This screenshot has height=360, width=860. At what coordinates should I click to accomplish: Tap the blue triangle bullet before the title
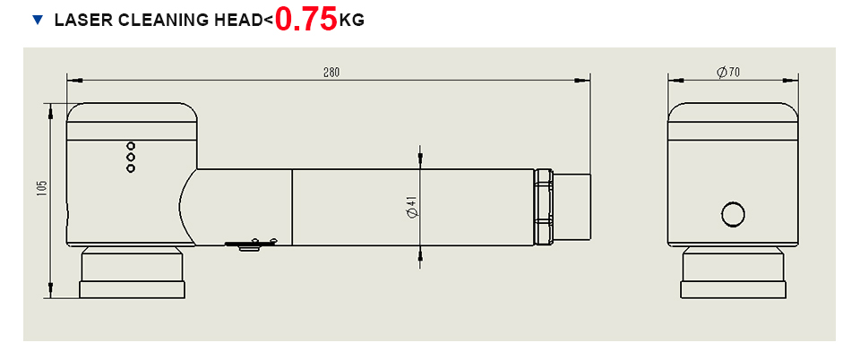tap(38, 21)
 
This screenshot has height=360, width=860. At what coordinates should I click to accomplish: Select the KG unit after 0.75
tap(351, 21)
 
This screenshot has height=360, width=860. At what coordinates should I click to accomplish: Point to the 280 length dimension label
tap(331, 73)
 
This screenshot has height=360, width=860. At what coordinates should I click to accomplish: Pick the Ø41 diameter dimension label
tap(413, 207)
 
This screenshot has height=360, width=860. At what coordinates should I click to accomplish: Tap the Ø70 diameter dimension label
tap(728, 73)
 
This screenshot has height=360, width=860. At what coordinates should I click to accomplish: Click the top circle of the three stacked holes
tap(131, 146)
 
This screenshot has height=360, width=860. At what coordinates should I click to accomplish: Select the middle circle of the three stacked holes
tap(131, 158)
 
